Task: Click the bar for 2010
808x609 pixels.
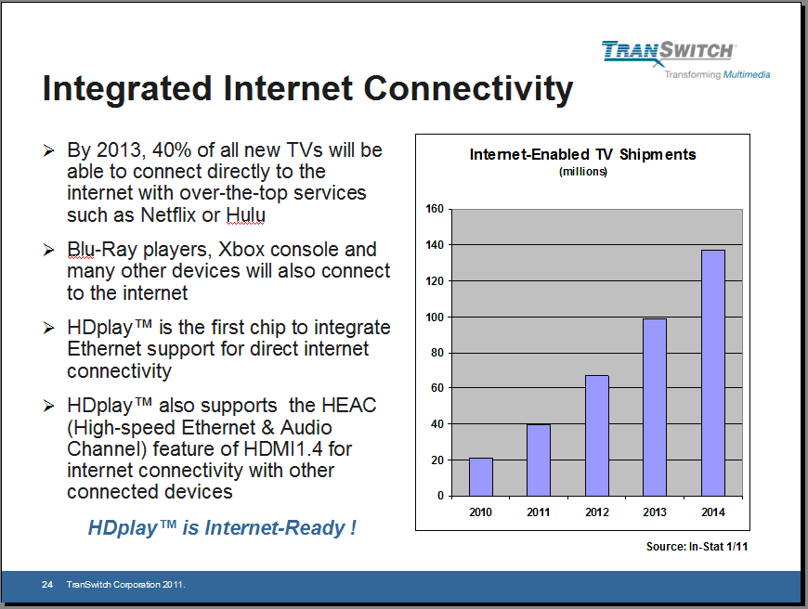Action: (481, 477)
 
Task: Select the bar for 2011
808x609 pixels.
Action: (539, 460)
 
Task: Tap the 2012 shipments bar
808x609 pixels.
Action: (597, 436)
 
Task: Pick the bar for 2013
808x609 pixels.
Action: (655, 408)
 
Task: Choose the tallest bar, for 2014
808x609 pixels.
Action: (713, 373)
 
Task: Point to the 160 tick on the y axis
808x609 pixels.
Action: (435, 209)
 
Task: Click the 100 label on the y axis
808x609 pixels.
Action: (435, 317)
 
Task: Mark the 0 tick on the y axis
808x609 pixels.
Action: (440, 496)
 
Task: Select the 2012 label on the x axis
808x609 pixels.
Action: (597, 512)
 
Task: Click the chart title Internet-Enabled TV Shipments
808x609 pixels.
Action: (583, 154)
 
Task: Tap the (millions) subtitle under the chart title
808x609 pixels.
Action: (583, 172)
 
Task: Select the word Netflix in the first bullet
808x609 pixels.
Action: (168, 214)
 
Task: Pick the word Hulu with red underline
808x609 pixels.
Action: (246, 214)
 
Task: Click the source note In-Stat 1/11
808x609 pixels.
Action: (718, 547)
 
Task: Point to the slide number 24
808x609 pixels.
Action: (47, 584)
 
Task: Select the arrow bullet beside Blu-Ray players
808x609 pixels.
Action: (49, 250)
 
